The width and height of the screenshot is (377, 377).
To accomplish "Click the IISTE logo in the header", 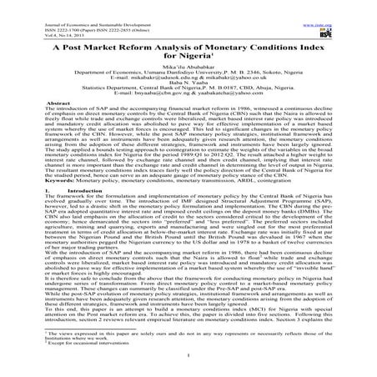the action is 354,18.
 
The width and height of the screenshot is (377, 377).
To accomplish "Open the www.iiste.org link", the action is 352,4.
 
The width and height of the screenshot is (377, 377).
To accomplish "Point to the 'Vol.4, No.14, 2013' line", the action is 24,18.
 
